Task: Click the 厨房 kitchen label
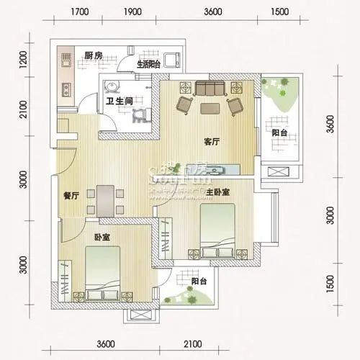pos(92,55)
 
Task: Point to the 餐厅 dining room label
pos(70,195)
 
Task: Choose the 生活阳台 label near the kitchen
pos(149,63)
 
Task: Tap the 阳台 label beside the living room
pos(280,133)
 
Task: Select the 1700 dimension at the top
pos(80,12)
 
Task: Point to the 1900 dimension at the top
pos(132,12)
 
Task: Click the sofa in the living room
pos(210,89)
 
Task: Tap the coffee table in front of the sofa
pos(210,109)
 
